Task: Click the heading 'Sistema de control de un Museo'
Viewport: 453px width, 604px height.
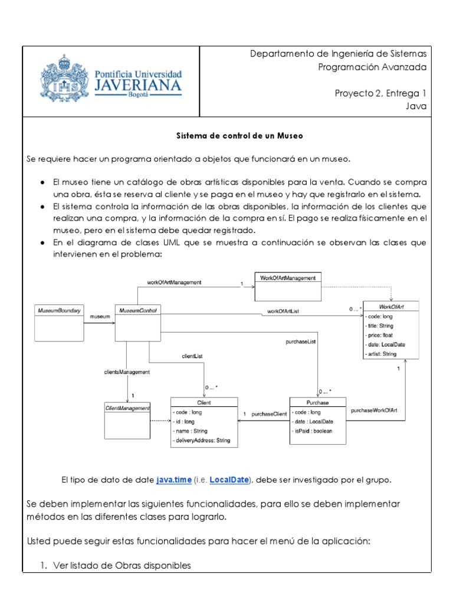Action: [x=239, y=136]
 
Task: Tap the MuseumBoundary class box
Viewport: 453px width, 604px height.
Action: [x=59, y=323]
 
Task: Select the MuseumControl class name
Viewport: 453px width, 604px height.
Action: [x=137, y=310]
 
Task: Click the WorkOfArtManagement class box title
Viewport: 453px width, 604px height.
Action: [x=288, y=277]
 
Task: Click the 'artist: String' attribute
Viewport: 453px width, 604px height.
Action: [x=382, y=354]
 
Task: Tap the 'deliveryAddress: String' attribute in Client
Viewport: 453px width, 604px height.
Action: [x=202, y=440]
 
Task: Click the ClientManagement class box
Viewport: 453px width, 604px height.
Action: [x=127, y=420]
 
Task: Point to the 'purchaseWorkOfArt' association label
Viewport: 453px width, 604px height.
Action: [x=374, y=409]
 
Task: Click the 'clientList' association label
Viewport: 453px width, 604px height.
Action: [x=192, y=356]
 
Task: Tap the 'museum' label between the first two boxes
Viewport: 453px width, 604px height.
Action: [x=100, y=317]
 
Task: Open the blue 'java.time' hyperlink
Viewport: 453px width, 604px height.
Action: [x=174, y=480]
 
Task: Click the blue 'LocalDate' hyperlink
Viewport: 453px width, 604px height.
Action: [x=229, y=480]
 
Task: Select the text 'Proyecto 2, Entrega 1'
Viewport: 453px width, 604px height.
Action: [x=380, y=93]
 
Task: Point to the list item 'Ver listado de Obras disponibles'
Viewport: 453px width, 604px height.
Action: [x=122, y=565]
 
